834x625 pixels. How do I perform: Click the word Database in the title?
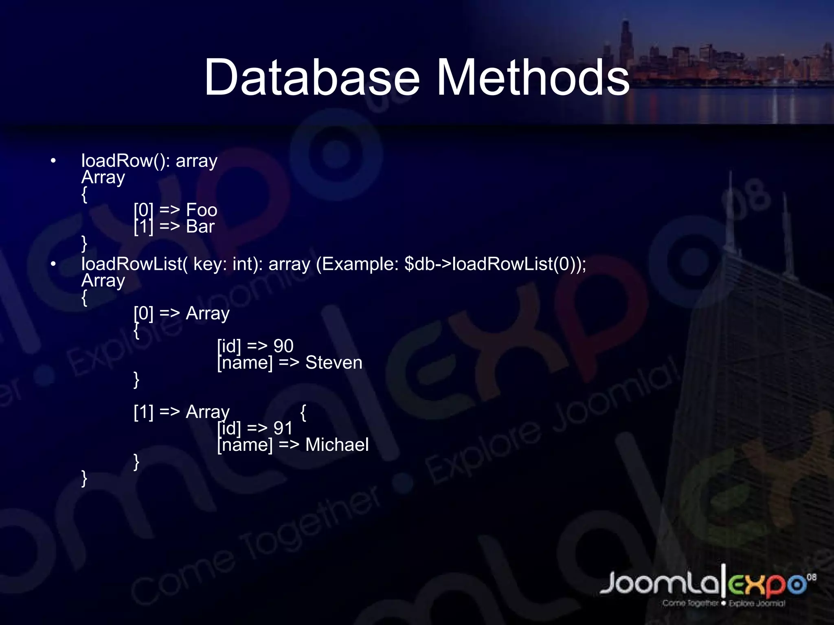[x=312, y=77]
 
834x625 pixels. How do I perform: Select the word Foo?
[x=202, y=210]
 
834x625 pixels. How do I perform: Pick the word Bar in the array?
[x=200, y=227]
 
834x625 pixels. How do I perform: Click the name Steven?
[x=334, y=363]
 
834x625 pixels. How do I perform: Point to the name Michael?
[x=337, y=445]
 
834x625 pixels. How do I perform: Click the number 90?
[x=283, y=346]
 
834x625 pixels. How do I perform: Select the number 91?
[x=283, y=428]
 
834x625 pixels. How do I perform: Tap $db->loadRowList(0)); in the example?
[x=495, y=264]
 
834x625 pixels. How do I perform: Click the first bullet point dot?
[x=53, y=161]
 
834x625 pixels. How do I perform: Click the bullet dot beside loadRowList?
[x=53, y=264]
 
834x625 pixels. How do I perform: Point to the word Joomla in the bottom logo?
[x=660, y=583]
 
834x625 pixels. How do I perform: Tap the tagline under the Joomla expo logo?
[x=723, y=603]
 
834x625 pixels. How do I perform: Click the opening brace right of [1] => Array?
[x=303, y=413]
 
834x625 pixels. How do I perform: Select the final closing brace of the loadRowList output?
[x=84, y=479]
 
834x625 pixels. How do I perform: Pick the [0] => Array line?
[x=182, y=313]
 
